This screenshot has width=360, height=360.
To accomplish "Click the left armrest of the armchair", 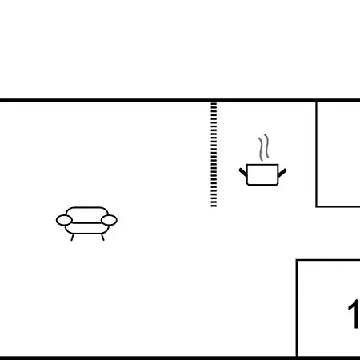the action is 64,220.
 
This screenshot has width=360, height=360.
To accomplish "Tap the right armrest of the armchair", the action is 109,220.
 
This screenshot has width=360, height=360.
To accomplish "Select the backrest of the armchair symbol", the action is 87,210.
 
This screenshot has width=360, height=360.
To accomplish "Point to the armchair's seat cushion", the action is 87,228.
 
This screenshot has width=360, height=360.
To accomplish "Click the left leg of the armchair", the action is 72,238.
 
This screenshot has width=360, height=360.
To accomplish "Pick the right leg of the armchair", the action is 102,237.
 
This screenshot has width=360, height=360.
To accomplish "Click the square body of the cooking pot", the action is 262,174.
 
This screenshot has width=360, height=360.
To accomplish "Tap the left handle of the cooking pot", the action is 243,172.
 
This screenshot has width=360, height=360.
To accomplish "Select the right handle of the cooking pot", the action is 282,173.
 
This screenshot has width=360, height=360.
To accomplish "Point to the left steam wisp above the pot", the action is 261,150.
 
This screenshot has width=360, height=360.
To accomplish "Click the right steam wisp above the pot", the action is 266,146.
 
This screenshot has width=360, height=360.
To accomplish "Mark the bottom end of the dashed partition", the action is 214,206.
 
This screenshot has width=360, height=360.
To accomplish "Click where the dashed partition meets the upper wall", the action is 214,102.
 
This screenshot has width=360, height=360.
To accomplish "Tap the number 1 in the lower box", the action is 354,314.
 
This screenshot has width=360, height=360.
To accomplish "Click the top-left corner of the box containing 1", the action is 297,260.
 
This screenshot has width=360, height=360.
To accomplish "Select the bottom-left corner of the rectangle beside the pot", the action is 316,206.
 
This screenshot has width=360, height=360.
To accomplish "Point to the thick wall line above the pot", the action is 262,101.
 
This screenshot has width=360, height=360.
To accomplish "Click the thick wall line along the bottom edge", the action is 180,358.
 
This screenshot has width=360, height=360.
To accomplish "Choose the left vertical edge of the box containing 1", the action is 297,308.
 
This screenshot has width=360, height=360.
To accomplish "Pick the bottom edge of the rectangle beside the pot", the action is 338,206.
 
